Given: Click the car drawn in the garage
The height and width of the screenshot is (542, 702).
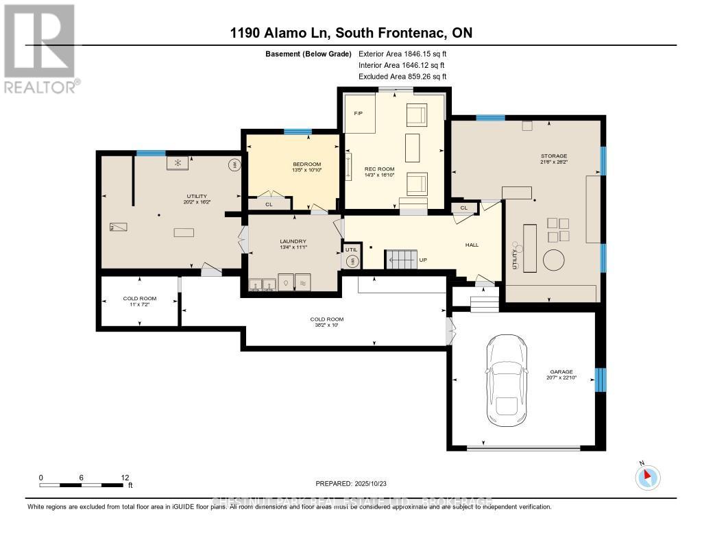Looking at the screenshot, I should pos(507,381).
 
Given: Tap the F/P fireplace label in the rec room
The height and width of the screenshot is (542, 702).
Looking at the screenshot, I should pos(357,112).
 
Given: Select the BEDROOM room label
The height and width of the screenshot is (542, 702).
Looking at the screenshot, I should pos(306,164).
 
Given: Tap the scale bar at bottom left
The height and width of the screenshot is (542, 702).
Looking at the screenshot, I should pos(82,485).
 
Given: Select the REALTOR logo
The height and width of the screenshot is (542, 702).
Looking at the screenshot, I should pos(39,48).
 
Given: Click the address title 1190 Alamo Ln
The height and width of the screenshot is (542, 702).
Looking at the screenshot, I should pos(351,33).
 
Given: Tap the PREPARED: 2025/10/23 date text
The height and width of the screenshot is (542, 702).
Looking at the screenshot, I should pos(351,482).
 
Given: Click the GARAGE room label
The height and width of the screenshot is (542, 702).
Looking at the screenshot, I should pos(561,371).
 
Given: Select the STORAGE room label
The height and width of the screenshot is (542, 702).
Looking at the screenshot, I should pos(553,156).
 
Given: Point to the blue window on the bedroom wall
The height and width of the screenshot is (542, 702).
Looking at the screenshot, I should pos(298,132).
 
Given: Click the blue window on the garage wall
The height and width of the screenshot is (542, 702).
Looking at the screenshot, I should pos(601,379).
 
